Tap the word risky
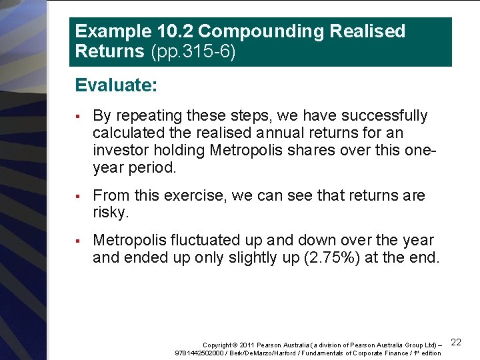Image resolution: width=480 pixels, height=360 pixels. [x=110, y=213]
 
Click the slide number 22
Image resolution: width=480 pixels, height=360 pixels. [x=456, y=342]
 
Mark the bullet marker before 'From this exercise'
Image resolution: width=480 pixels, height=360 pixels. [x=78, y=196]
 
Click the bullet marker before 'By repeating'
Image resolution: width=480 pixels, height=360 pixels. [x=78, y=116]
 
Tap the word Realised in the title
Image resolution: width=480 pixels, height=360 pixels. [x=369, y=31]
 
